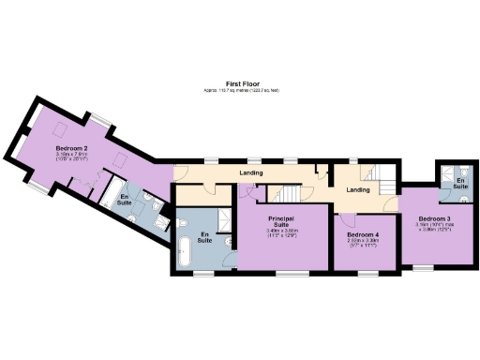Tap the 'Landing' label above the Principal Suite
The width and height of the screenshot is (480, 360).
[x=250, y=173]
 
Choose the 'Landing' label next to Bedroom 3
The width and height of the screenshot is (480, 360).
[x=357, y=190]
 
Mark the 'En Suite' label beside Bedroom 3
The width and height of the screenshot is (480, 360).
[x=460, y=183]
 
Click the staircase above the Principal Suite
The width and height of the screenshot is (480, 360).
[x=286, y=192]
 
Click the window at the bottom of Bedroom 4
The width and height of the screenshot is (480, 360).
[x=365, y=273]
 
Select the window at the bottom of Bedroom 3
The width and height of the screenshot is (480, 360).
[x=424, y=267]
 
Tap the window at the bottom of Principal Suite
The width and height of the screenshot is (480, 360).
[x=282, y=273]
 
